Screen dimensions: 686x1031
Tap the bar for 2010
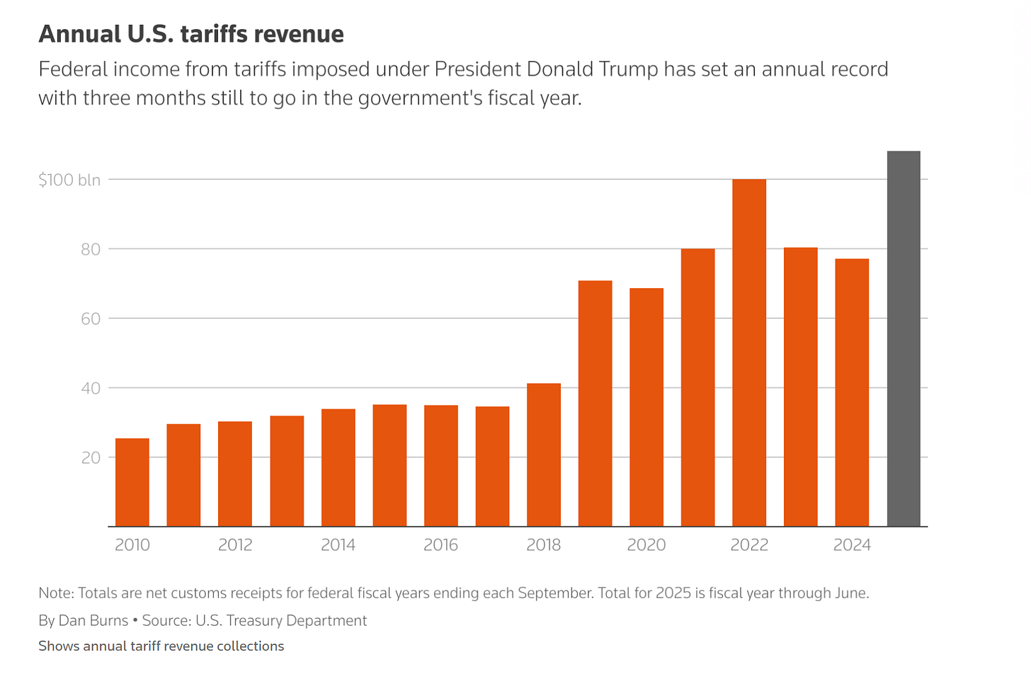click(x=132, y=482)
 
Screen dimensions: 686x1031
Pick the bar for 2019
click(x=595, y=404)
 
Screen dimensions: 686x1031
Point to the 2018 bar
click(x=544, y=455)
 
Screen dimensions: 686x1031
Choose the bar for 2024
click(x=852, y=392)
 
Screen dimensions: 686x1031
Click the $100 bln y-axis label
click(x=69, y=180)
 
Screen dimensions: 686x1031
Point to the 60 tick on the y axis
click(x=90, y=319)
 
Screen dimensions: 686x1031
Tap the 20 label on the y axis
click(x=91, y=457)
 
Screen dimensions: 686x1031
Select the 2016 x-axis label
click(x=440, y=544)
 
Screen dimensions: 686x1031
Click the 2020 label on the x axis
click(x=646, y=544)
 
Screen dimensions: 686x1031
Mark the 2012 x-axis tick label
click(x=235, y=544)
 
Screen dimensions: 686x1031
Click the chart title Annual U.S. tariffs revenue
click(x=191, y=34)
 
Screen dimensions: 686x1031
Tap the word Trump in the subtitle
click(x=628, y=69)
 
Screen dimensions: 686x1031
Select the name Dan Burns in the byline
click(x=93, y=620)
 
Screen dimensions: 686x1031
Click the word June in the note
click(x=852, y=593)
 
